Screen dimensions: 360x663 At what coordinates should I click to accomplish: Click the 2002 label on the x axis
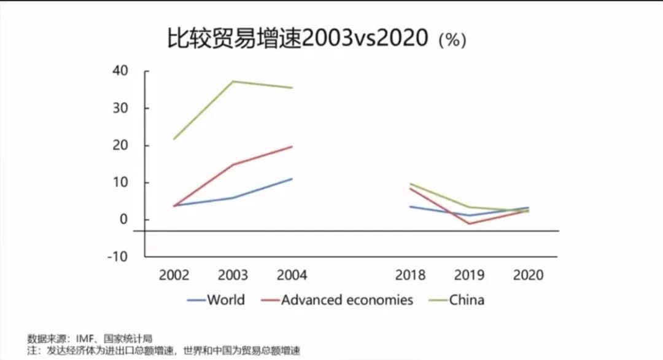click(174, 275)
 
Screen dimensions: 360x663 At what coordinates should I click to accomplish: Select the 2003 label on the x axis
click(233, 275)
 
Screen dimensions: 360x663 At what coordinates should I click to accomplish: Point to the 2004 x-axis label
click(292, 275)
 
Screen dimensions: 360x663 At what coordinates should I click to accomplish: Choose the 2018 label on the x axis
click(410, 275)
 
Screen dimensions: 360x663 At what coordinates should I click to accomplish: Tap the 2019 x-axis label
click(469, 275)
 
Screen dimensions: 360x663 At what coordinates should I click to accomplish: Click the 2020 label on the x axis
click(528, 275)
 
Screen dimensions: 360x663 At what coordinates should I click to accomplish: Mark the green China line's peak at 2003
click(233, 81)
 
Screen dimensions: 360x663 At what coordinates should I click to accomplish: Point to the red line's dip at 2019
click(469, 224)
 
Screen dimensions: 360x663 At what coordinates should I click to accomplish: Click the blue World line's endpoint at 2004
click(292, 179)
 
